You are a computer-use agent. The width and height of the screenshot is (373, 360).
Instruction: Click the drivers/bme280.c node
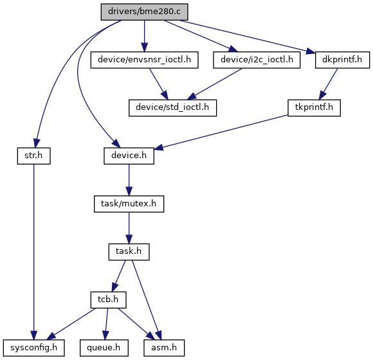tap(145, 12)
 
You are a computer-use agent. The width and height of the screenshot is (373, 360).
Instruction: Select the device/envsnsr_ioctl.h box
tap(145, 60)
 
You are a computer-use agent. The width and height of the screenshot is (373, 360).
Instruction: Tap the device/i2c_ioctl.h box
tap(257, 60)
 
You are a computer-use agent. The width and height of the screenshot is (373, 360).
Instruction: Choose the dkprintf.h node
tap(342, 60)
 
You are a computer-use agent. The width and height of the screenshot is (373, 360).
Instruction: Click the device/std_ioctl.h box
tap(173, 108)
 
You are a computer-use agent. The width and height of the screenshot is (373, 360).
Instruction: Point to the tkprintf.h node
tap(314, 108)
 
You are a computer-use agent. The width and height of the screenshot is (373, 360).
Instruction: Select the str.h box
tap(34, 156)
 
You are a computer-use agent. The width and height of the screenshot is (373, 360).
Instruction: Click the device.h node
tap(129, 156)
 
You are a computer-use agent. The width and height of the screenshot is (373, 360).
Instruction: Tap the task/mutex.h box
tap(129, 204)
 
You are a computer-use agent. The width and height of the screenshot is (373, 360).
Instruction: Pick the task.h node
tap(129, 252)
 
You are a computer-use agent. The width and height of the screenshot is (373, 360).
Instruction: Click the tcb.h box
tap(108, 300)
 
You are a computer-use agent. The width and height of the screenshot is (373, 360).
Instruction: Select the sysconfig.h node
tap(34, 348)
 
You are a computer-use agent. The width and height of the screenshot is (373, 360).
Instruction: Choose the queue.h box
tap(104, 348)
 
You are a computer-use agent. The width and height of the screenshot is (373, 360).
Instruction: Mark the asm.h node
tap(164, 348)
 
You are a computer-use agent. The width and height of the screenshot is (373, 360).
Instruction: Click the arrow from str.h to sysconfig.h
tap(34, 252)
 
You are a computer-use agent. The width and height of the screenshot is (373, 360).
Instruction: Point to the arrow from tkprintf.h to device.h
tap(221, 132)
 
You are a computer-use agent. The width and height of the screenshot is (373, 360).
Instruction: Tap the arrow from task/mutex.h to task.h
tap(129, 228)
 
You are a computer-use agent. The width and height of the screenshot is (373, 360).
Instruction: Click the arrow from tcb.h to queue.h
tap(106, 324)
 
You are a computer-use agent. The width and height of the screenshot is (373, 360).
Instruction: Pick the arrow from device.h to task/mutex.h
tap(129, 180)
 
